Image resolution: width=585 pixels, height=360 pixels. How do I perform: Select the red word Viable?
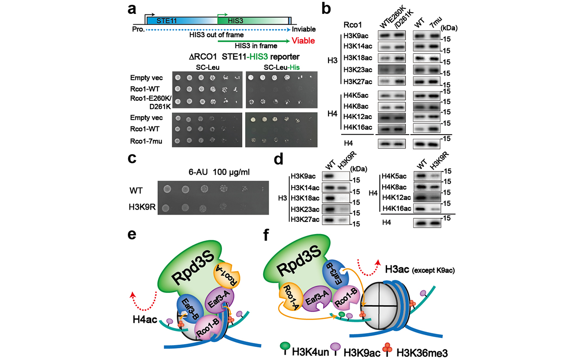point(303,41)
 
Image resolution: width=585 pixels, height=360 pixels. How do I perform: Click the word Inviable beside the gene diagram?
point(304,29)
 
